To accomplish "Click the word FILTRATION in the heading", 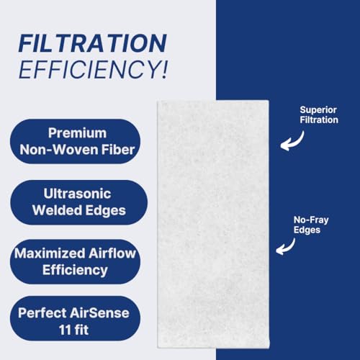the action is (93, 43).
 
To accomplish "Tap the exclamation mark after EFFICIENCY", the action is (164, 69).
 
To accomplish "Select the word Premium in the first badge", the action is (77, 132).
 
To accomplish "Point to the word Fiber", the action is (118, 150).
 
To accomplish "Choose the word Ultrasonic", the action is (77, 194).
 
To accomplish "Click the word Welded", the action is (58, 210).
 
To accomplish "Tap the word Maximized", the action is (50, 253).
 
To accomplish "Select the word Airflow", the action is (112, 253).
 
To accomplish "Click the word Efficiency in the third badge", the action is (75, 271).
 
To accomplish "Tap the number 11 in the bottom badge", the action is (65, 330).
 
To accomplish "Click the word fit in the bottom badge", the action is (81, 330).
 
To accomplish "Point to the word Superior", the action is (318, 110).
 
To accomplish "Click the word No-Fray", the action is (311, 220).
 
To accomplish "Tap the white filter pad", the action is (213, 224).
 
